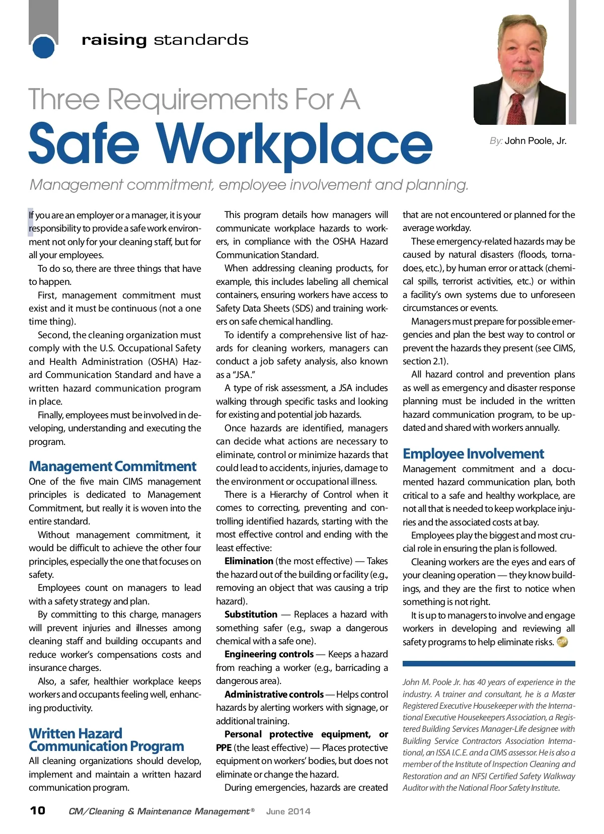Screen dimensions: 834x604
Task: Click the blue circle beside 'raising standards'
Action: click(43, 47)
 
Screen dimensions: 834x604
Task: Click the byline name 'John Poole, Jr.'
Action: click(536, 141)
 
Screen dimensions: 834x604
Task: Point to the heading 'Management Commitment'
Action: click(112, 466)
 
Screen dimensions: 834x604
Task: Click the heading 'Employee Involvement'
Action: click(473, 453)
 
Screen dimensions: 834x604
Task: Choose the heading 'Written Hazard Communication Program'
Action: click(106, 740)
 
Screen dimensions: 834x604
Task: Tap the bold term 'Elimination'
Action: click(249, 561)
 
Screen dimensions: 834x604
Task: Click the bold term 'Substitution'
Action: click(251, 614)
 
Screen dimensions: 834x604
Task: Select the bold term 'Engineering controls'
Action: click(269, 654)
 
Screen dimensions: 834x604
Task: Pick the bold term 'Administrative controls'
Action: click(274, 694)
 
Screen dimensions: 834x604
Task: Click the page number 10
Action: click(38, 810)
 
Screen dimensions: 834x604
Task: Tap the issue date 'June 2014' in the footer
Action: click(288, 811)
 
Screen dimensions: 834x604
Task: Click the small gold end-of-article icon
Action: click(562, 642)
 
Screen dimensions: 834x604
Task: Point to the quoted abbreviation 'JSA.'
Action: click(243, 374)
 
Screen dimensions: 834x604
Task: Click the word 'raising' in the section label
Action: click(114, 40)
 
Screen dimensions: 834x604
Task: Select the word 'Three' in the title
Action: click(64, 99)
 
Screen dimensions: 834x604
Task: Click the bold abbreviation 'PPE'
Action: click(223, 747)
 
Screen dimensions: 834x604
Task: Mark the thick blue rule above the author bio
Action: click(488, 664)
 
